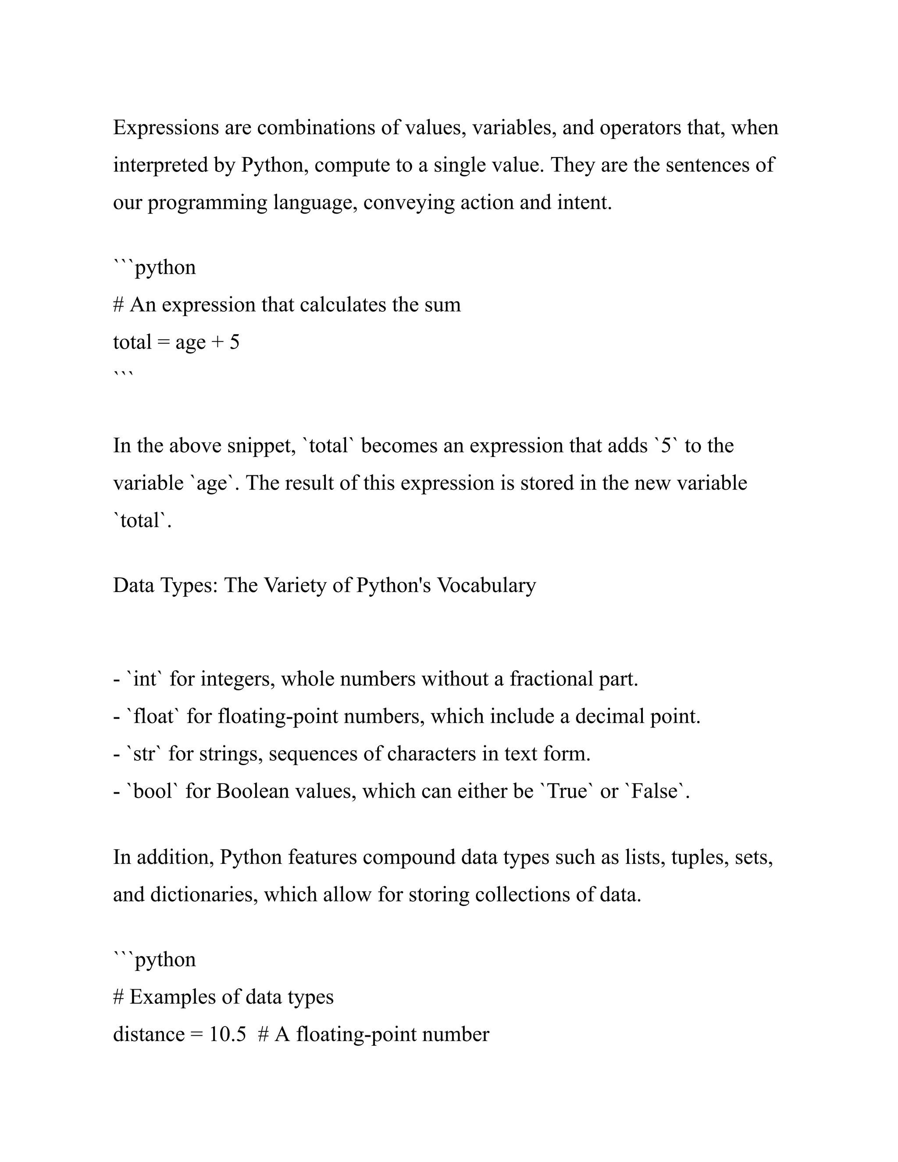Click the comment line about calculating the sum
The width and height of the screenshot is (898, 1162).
click(x=287, y=305)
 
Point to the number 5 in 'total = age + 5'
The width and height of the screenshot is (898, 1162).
click(x=234, y=342)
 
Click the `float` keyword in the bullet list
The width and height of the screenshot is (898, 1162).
click(x=154, y=716)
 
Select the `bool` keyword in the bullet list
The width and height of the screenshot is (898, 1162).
click(x=153, y=791)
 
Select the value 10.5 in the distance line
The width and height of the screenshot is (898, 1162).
click(x=228, y=1035)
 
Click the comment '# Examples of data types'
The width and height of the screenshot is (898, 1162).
click(x=224, y=997)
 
